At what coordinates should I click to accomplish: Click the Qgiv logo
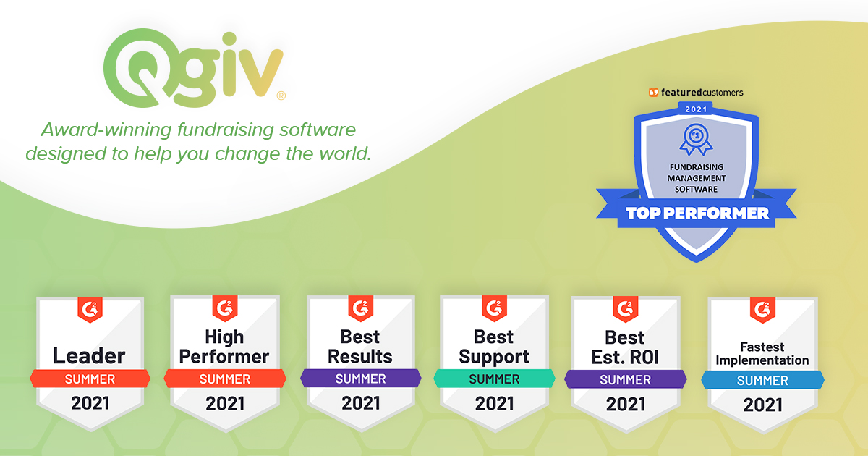pyautogui.click(x=193, y=68)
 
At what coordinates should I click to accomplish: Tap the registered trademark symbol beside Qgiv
pyautogui.click(x=281, y=96)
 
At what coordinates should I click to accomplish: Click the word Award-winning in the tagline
pyautogui.click(x=106, y=130)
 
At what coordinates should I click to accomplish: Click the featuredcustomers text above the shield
pyautogui.click(x=702, y=93)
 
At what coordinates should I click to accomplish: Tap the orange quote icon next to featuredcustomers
pyautogui.click(x=654, y=93)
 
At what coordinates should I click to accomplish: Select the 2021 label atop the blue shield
pyautogui.click(x=696, y=109)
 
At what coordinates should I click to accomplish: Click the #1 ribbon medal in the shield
pyautogui.click(x=696, y=140)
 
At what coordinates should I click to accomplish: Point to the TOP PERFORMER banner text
pyautogui.click(x=697, y=214)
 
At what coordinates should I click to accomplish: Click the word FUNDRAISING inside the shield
pyautogui.click(x=697, y=167)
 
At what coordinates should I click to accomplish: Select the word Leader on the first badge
pyautogui.click(x=89, y=356)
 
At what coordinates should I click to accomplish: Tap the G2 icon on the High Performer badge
pyautogui.click(x=225, y=308)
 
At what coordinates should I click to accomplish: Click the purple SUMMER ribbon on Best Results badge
pyautogui.click(x=361, y=379)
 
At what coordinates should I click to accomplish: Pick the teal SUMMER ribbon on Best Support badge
pyautogui.click(x=495, y=379)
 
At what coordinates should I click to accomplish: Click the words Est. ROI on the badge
pyautogui.click(x=625, y=358)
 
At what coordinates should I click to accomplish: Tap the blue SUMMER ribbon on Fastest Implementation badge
pyautogui.click(x=762, y=381)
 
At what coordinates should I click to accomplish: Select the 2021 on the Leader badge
pyautogui.click(x=90, y=404)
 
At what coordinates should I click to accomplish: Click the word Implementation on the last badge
pyautogui.click(x=762, y=360)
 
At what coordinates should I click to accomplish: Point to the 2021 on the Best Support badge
pyautogui.click(x=495, y=404)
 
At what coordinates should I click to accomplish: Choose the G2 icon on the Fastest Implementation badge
pyautogui.click(x=762, y=310)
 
